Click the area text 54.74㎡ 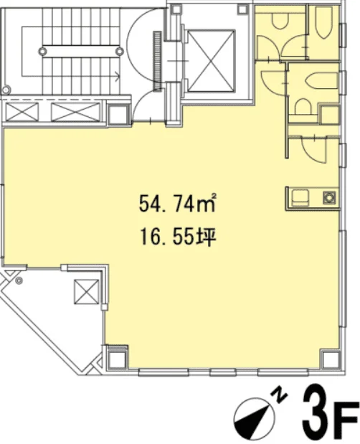[178, 203]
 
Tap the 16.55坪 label [179, 237]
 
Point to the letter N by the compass [280, 395]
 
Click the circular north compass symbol [254, 418]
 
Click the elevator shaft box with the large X [212, 61]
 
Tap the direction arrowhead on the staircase [117, 75]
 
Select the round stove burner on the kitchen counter [329, 198]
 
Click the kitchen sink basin [300, 198]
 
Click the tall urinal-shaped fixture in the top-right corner [323, 22]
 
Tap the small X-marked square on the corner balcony [87, 292]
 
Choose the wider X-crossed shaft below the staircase [75, 112]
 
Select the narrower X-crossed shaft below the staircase [22, 112]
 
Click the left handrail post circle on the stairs [43, 51]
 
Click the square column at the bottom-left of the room [117, 356]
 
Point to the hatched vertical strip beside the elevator [157, 61]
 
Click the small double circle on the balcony [19, 280]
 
